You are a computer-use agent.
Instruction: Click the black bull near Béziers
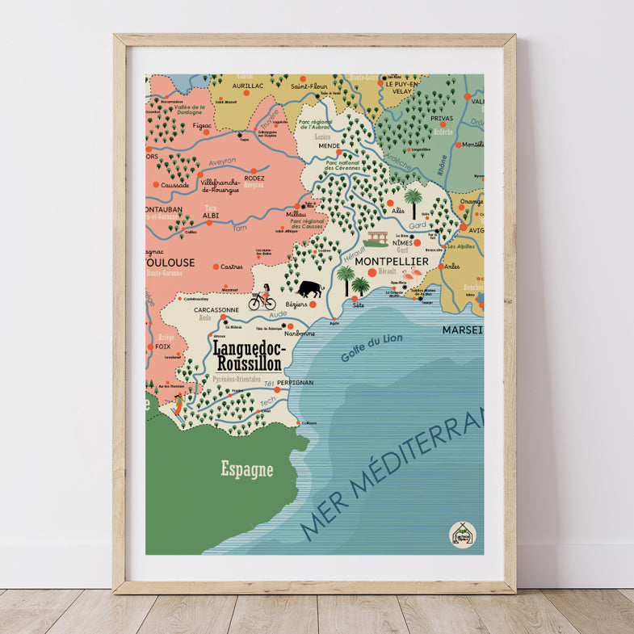(309, 288)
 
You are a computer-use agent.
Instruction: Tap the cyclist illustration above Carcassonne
(262, 299)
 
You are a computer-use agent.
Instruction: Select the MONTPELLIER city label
(392, 262)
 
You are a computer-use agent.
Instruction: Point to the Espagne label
(247, 469)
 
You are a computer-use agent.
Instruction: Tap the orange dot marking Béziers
(313, 304)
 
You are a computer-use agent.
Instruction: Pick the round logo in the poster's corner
(463, 534)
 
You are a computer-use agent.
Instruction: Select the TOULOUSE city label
(170, 262)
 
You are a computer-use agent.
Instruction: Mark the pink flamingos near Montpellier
(412, 278)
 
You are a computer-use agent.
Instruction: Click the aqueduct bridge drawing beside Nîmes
(376, 239)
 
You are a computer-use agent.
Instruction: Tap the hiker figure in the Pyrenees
(178, 399)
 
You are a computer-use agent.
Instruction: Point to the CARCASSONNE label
(216, 309)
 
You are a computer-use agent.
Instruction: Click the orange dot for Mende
(339, 152)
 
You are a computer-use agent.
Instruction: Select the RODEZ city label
(254, 178)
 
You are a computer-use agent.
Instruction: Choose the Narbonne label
(299, 332)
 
